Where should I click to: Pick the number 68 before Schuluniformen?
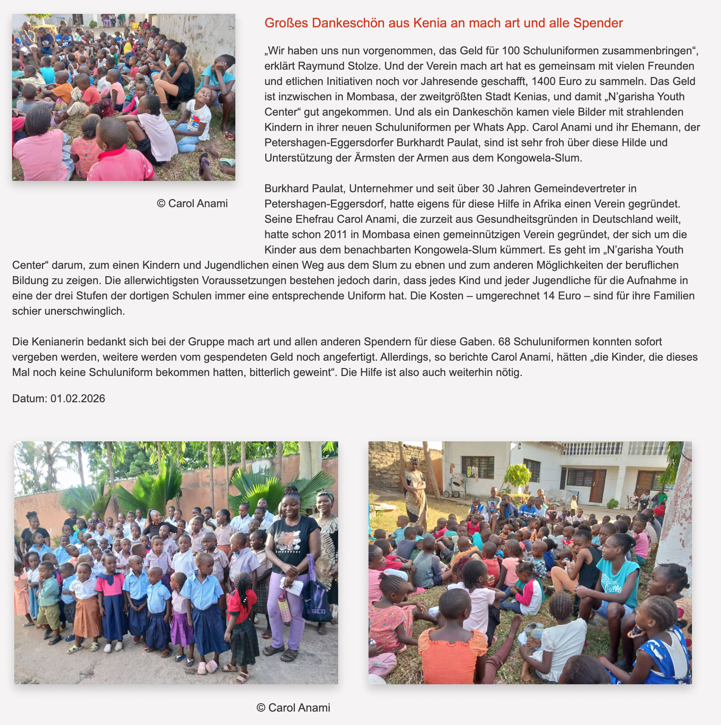coord(504,342)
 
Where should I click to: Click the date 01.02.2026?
coord(78,399)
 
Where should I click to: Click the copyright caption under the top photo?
coord(192,203)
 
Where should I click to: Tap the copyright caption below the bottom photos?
coord(293,708)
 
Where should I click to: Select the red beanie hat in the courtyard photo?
coord(659,510)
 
